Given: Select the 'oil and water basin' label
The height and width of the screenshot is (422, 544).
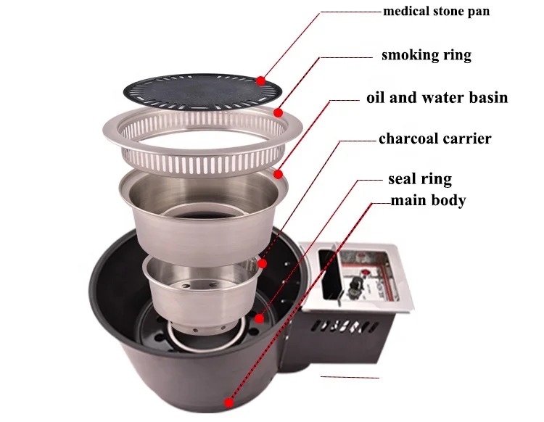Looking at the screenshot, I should pyautogui.click(x=437, y=98).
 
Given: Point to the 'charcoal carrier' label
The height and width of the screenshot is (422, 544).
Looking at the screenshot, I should pyautogui.click(x=434, y=138).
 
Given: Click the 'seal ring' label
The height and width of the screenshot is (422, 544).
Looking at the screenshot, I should pyautogui.click(x=420, y=179).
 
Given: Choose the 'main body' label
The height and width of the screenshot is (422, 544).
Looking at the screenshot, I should pyautogui.click(x=428, y=200).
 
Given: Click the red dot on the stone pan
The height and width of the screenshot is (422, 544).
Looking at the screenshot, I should pyautogui.click(x=260, y=80).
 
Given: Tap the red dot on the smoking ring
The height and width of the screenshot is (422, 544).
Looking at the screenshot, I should pyautogui.click(x=279, y=112).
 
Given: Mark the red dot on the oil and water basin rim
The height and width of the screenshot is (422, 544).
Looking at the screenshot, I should pyautogui.click(x=278, y=173).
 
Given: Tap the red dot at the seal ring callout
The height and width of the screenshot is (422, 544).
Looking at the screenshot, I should pyautogui.click(x=260, y=317).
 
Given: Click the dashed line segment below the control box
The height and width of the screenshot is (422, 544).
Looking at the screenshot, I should pyautogui.click(x=350, y=377).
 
